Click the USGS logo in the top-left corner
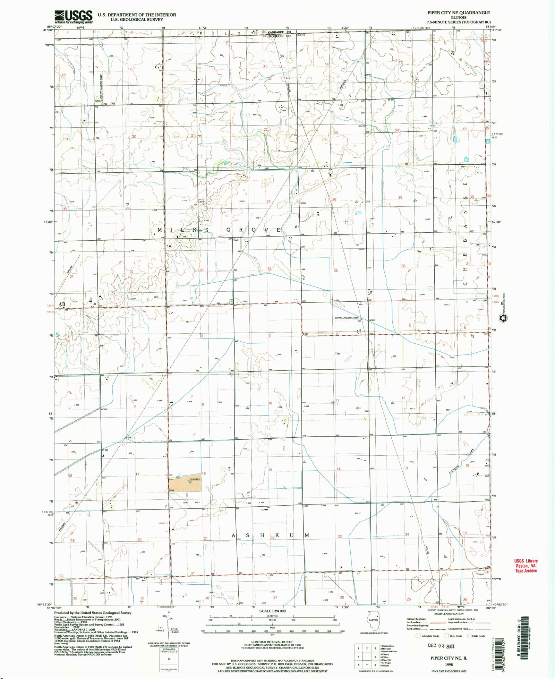(x=73, y=16)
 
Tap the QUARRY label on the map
(x=195, y=480)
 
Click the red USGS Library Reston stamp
(x=526, y=566)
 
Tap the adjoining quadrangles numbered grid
(x=366, y=656)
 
